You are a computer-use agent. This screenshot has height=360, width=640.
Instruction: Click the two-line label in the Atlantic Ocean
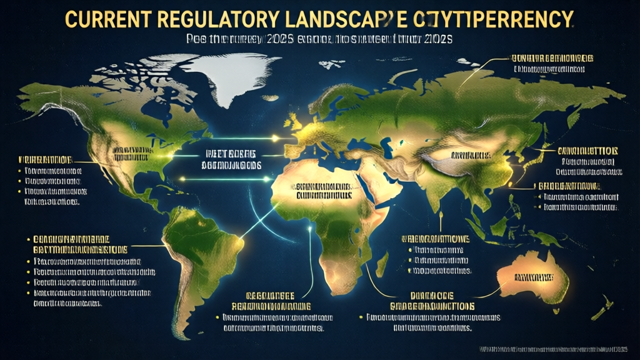click(x=231, y=160)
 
